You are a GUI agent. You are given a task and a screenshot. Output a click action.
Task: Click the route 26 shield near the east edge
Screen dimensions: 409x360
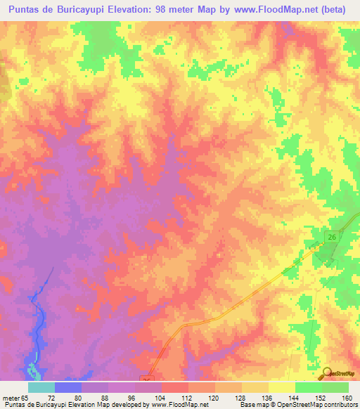pyautogui.click(x=331, y=239)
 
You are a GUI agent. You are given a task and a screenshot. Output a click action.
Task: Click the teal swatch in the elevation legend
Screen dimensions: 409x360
pyautogui.click(x=41, y=387)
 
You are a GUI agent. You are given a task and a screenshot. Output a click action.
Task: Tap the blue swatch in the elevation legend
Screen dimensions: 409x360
pyautogui.click(x=68, y=387)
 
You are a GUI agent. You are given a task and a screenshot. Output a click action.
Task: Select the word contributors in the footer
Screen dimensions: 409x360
pyautogui.click(x=337, y=405)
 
